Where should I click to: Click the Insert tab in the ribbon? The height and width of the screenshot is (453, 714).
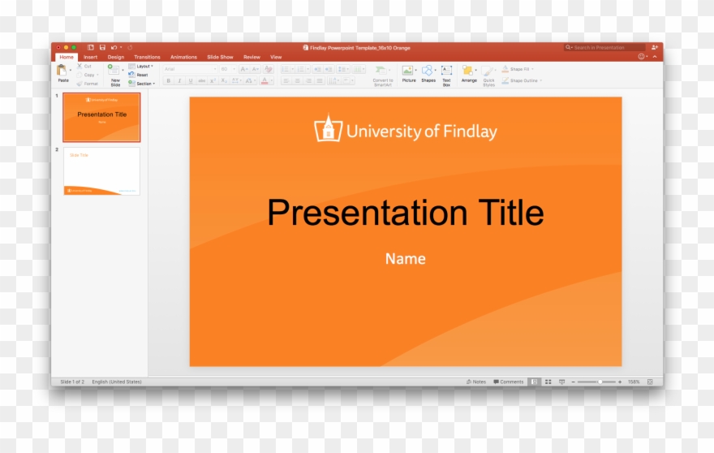point(90,57)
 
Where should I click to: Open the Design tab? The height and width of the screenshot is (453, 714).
point(116,57)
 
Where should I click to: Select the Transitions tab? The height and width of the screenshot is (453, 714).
point(147,57)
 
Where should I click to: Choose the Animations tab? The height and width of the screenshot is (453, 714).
point(183,57)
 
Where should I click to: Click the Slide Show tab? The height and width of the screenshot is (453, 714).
point(220,57)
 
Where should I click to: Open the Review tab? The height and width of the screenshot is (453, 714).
point(252,57)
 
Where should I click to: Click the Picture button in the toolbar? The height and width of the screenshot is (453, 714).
point(408,72)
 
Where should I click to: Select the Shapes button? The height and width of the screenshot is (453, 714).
point(428,72)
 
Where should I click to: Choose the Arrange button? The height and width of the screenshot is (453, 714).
point(469,72)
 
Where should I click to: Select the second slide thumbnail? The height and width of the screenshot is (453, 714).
point(101,170)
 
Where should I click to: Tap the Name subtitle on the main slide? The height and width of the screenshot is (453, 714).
point(405,259)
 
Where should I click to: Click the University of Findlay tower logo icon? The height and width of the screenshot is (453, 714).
point(328,129)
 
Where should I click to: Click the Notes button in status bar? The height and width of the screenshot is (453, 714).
point(476,382)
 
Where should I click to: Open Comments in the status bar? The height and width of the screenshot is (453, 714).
point(509,382)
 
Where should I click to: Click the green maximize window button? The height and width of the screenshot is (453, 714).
point(74,47)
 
